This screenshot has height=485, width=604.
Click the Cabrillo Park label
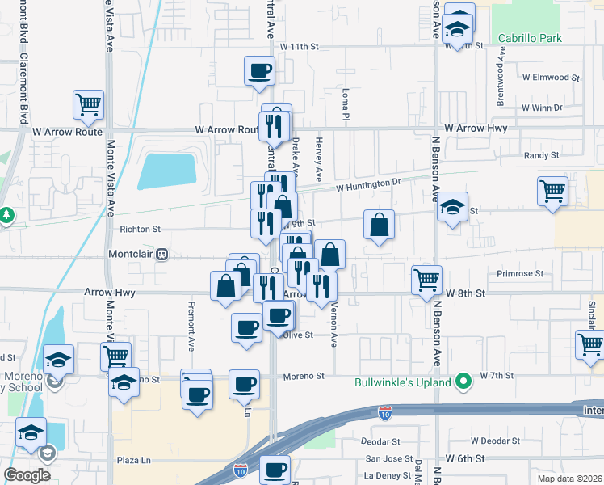tap(530, 38)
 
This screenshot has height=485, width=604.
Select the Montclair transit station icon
tap(161, 254)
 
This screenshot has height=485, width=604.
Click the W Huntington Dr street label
tap(368, 185)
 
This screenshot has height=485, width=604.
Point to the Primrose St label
tap(520, 274)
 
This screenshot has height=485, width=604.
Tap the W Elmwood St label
tap(552, 78)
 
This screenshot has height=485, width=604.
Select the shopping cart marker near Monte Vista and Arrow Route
tap(88, 104)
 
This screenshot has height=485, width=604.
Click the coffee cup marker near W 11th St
tap(259, 70)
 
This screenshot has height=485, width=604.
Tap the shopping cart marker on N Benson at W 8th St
tap(426, 280)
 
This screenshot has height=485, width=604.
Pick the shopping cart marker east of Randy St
tap(553, 192)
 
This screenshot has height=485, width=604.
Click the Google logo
tap(27, 475)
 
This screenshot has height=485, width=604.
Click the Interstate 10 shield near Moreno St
tap(385, 413)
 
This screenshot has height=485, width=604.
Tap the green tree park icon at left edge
tap(7, 215)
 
